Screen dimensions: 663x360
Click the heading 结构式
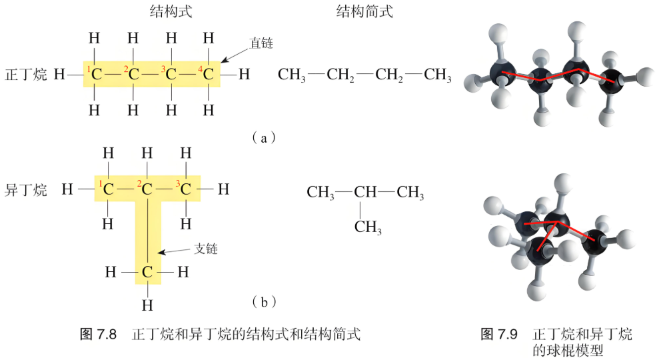[x=171, y=11]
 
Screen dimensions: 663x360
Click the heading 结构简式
[x=364, y=11]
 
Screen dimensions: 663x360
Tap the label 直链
[x=261, y=43]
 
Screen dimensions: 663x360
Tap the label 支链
[x=206, y=249]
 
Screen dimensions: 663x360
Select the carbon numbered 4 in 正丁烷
[x=208, y=75]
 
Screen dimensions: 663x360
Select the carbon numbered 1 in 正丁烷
[x=97, y=75]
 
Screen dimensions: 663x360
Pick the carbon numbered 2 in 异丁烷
[x=147, y=189]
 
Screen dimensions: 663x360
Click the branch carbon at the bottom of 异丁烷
[x=147, y=272]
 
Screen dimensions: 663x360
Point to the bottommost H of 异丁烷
[x=147, y=305]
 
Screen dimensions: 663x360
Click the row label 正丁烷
[x=26, y=75]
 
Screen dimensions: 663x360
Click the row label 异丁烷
[x=26, y=190]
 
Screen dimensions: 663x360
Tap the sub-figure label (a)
[x=264, y=138]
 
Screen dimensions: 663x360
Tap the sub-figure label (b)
[x=264, y=302]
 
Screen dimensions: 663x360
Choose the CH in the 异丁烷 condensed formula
[x=365, y=192]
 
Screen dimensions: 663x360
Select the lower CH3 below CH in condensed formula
[x=368, y=227]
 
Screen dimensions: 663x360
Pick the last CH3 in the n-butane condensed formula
[x=438, y=75]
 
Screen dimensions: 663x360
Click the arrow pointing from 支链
[x=174, y=251]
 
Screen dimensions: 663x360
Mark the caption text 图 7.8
[x=98, y=334]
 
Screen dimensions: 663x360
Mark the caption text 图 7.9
[x=499, y=334]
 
